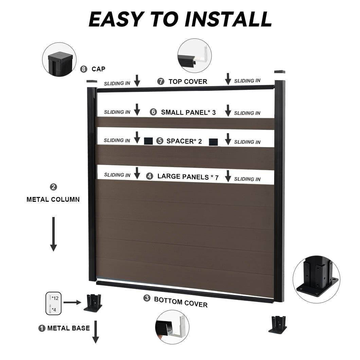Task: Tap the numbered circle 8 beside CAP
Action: [x=84, y=69]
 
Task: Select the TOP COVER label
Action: [x=187, y=82]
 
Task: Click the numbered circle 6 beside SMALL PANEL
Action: [x=154, y=112]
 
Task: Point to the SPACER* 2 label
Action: [x=184, y=141]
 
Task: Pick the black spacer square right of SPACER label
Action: [x=213, y=142]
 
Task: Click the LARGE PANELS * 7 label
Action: [x=188, y=177]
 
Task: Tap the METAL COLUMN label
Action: [x=53, y=199]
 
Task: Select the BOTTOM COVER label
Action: [x=181, y=301]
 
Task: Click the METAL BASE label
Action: [x=69, y=328]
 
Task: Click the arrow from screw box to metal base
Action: [x=72, y=302]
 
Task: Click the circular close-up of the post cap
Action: [x=59, y=59]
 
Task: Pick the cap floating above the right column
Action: [x=280, y=72]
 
